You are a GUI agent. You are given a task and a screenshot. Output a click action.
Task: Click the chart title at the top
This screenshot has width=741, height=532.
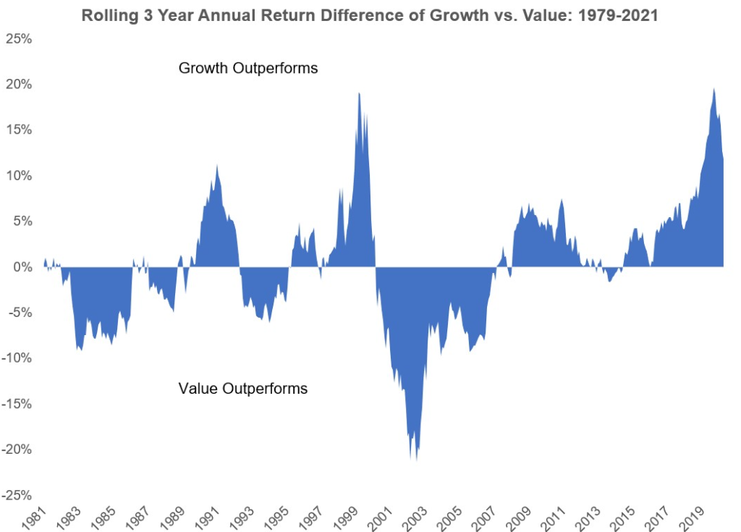[x=370, y=15]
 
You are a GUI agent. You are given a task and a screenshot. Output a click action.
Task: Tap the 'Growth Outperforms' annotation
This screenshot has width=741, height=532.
[x=248, y=69]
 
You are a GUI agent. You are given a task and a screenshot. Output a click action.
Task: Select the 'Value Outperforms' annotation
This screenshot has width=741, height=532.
[x=242, y=389]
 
